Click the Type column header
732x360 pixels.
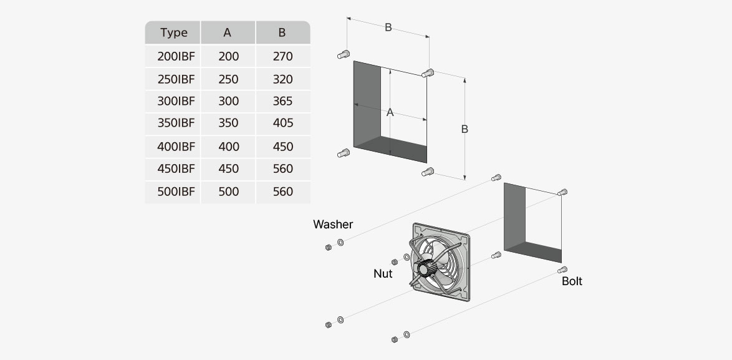tap(173, 32)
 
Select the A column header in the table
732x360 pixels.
tap(228, 32)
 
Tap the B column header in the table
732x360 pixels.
tap(282, 32)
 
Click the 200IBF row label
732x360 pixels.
tap(176, 56)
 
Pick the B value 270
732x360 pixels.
tap(282, 56)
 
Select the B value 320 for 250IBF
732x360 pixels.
tap(282, 79)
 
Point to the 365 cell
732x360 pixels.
tap(282, 101)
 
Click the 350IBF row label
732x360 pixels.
tap(176, 123)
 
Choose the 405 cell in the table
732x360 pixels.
tap(282, 123)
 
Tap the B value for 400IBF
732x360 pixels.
tap(282, 147)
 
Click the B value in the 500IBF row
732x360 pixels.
tap(282, 192)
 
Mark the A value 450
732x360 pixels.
tap(228, 168)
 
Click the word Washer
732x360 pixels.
tap(333, 224)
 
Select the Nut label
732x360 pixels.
tap(383, 273)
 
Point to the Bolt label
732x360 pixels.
tap(572, 281)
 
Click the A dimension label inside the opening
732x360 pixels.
tap(390, 113)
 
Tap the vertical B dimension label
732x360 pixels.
tap(465, 129)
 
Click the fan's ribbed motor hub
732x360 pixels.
tap(425, 269)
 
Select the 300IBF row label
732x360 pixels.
tap(176, 101)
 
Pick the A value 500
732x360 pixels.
tap(228, 192)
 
